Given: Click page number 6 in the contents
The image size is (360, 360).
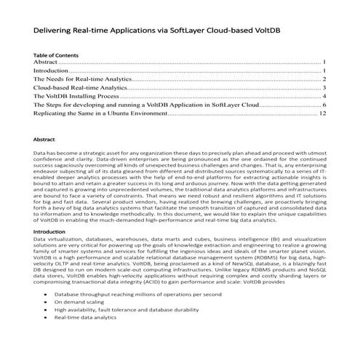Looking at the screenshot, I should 324,105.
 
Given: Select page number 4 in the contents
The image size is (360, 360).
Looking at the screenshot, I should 324,96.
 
